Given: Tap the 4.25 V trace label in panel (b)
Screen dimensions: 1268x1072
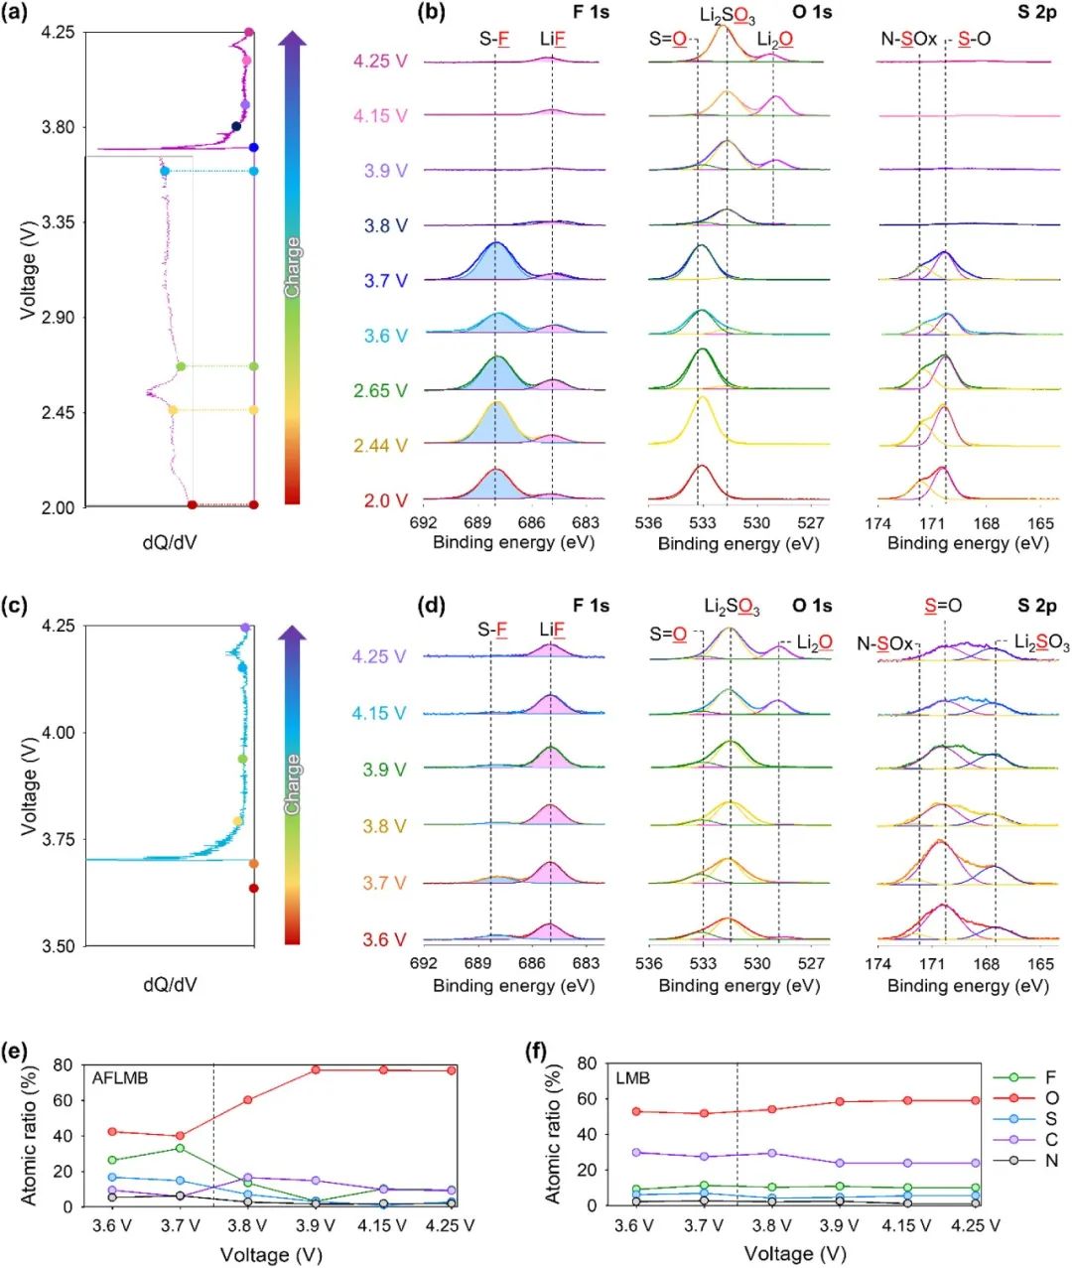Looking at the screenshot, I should coord(380,62).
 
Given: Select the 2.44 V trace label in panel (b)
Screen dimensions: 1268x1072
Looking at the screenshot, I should coord(380,446).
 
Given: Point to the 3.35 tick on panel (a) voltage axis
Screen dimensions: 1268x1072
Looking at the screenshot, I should coord(59,222).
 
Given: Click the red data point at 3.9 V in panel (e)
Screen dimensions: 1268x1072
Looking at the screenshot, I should coord(316,1069).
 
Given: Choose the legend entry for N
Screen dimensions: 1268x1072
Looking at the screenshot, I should coord(1051,1161).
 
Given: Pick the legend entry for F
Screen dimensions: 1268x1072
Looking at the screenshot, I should coord(1051,1077).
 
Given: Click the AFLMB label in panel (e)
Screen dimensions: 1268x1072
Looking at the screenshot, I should coord(120,1077).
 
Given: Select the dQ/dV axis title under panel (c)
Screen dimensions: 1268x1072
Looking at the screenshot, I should coord(170,985).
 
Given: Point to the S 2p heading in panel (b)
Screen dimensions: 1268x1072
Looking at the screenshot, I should coord(1036,13).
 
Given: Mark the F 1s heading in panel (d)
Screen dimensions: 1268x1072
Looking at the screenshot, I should coord(591,606).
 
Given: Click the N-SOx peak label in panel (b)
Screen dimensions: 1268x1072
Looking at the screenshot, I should coord(908,40).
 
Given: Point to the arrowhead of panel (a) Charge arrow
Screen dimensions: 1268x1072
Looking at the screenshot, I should coord(292,40).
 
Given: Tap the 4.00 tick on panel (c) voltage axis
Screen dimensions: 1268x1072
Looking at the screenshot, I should coord(59,733).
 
